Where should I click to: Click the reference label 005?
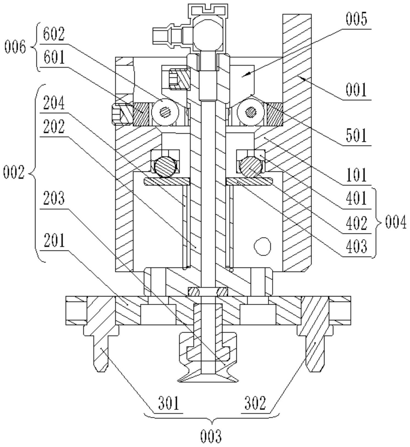[356, 20]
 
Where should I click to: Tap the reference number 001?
[356, 90]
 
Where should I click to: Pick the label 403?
[356, 246]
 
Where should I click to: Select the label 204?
[54, 104]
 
